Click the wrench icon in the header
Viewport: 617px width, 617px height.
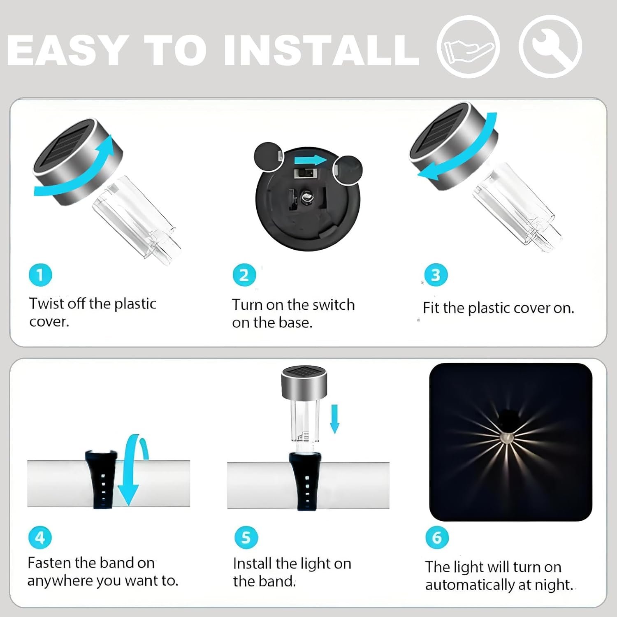pos(550,46)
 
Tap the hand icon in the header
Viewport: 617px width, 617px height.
pos(468,47)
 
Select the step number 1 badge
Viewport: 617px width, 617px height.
pos(40,275)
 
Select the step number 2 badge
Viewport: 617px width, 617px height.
pos(244,275)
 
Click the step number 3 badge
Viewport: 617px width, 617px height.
pos(436,275)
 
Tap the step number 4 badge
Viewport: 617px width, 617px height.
pos(40,537)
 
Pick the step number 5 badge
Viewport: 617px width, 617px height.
pos(246,537)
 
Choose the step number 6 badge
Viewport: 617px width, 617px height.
pos(437,537)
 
